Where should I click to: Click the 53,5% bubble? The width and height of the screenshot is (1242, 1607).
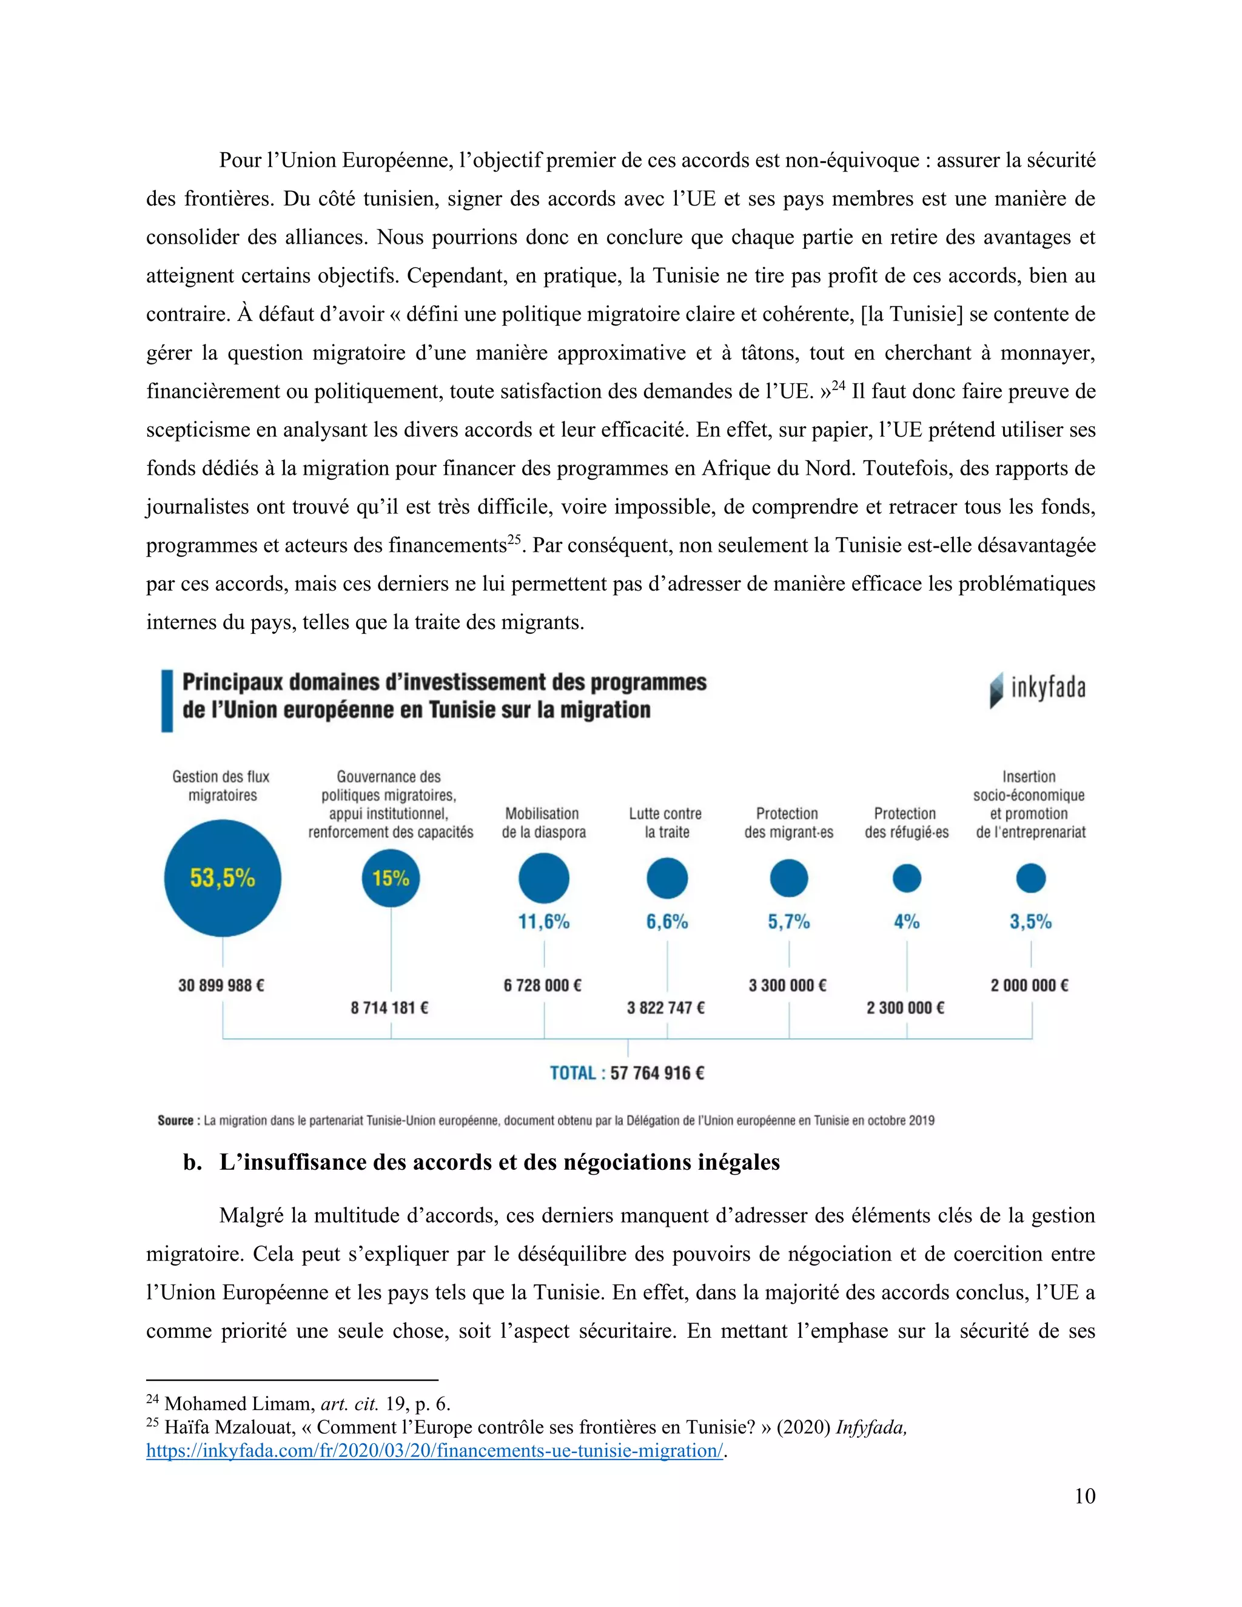pos(222,878)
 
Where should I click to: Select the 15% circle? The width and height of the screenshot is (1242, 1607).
pos(391,878)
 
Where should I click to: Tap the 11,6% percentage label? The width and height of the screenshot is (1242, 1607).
pos(544,922)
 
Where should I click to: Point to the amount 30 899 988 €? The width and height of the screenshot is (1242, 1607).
pos(221,985)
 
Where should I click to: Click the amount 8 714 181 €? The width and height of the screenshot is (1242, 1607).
pos(389,1007)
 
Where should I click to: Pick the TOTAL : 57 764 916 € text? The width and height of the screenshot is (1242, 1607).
pos(627,1073)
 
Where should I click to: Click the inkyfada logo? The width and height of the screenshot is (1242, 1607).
pos(1038,689)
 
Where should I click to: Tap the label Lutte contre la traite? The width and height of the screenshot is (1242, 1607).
pos(666,823)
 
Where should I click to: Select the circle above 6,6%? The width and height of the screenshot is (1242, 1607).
pos(666,878)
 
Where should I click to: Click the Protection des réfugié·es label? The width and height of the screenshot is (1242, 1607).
pos(907,823)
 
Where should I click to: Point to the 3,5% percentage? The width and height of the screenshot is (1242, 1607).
pos(1030,922)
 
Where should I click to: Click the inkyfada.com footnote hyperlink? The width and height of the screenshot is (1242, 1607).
pos(434,1451)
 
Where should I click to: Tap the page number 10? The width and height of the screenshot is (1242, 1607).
pos(1084,1496)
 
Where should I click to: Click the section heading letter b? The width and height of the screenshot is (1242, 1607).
pos(192,1162)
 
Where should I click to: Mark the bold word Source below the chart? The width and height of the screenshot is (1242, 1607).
pos(175,1121)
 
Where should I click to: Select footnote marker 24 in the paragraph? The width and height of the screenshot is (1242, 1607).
pos(838,384)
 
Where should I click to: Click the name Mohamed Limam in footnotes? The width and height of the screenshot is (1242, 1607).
pos(239,1403)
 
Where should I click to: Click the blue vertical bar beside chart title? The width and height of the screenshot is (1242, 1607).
pos(167,700)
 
